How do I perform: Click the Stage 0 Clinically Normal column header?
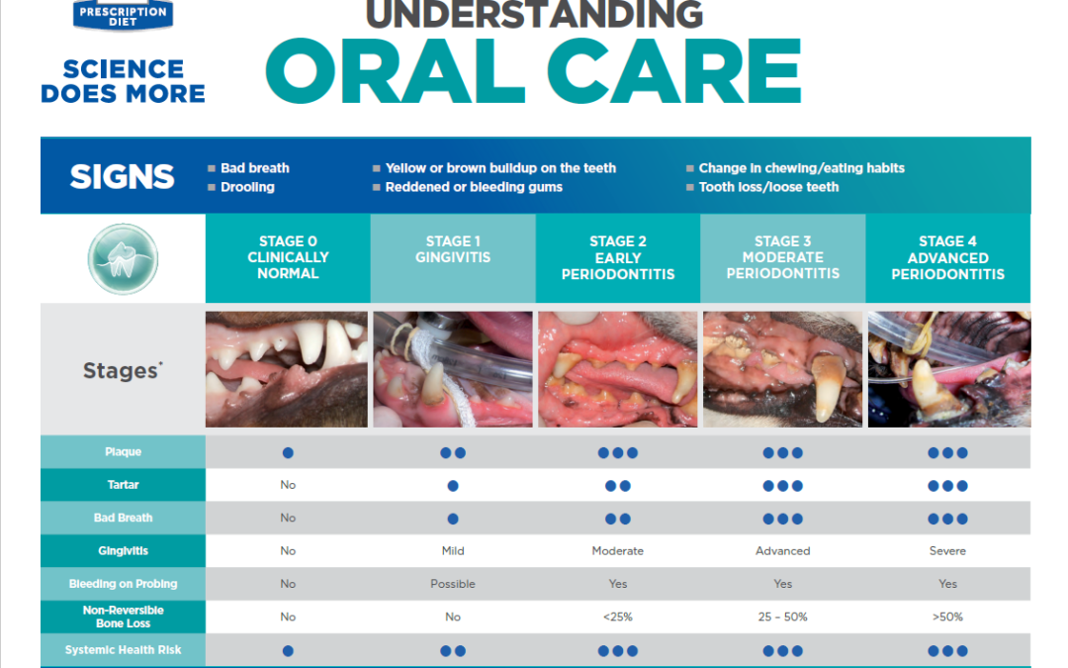coord(288,257)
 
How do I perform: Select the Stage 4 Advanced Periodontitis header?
coord(947,257)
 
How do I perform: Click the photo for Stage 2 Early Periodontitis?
coord(618,369)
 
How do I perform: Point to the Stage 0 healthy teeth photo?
coord(287,369)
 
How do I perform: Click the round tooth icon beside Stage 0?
coord(123,259)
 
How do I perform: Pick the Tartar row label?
coord(123,485)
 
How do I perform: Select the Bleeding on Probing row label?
coord(123,584)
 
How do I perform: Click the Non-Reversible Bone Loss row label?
coord(123,617)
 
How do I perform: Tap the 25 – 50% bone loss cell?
coord(782,617)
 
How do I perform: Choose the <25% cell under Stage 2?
coord(618,617)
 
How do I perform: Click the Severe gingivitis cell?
coord(947,551)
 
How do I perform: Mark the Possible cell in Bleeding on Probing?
coord(453,584)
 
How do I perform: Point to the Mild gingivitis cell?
coord(453,551)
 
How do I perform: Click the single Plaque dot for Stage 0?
coord(288,452)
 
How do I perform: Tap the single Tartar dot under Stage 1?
coord(453,486)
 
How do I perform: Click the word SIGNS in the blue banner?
coord(123,176)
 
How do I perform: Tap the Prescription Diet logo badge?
coord(124,15)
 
